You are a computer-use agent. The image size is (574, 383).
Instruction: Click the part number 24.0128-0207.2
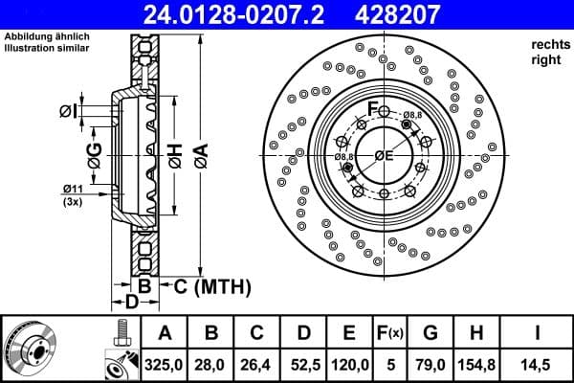point(217,13)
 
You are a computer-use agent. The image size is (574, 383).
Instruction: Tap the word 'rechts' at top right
point(549,44)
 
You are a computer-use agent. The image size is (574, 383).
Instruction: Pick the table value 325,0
point(165,365)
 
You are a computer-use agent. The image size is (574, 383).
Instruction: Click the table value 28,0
point(210,365)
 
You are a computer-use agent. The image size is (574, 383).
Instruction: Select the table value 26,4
point(256,365)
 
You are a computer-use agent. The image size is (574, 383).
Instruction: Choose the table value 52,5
point(303,365)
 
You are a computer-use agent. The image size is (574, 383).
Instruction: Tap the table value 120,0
point(349,365)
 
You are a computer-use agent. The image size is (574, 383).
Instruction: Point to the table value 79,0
point(430,365)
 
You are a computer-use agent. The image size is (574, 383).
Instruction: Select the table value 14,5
point(539,365)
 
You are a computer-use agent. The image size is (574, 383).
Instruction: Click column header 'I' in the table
point(539,333)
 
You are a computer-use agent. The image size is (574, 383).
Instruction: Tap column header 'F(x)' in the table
point(389,333)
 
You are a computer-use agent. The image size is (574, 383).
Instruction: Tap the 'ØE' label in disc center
point(385,156)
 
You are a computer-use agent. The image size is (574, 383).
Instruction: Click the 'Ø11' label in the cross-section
point(72,188)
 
